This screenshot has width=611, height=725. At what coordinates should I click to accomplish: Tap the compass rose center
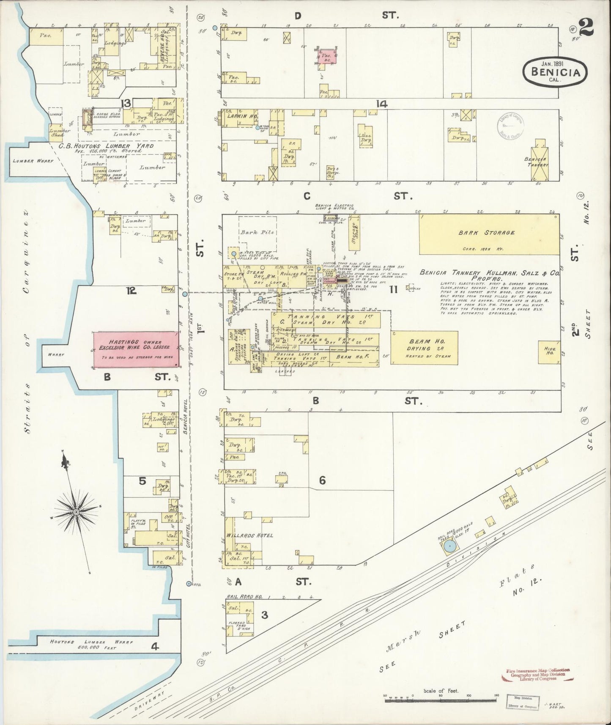click(x=76, y=512)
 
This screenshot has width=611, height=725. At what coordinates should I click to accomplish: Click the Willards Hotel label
click(x=249, y=535)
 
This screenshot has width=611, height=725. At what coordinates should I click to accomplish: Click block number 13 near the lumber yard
click(x=126, y=103)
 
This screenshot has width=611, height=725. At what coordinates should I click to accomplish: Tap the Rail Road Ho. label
click(x=244, y=597)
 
